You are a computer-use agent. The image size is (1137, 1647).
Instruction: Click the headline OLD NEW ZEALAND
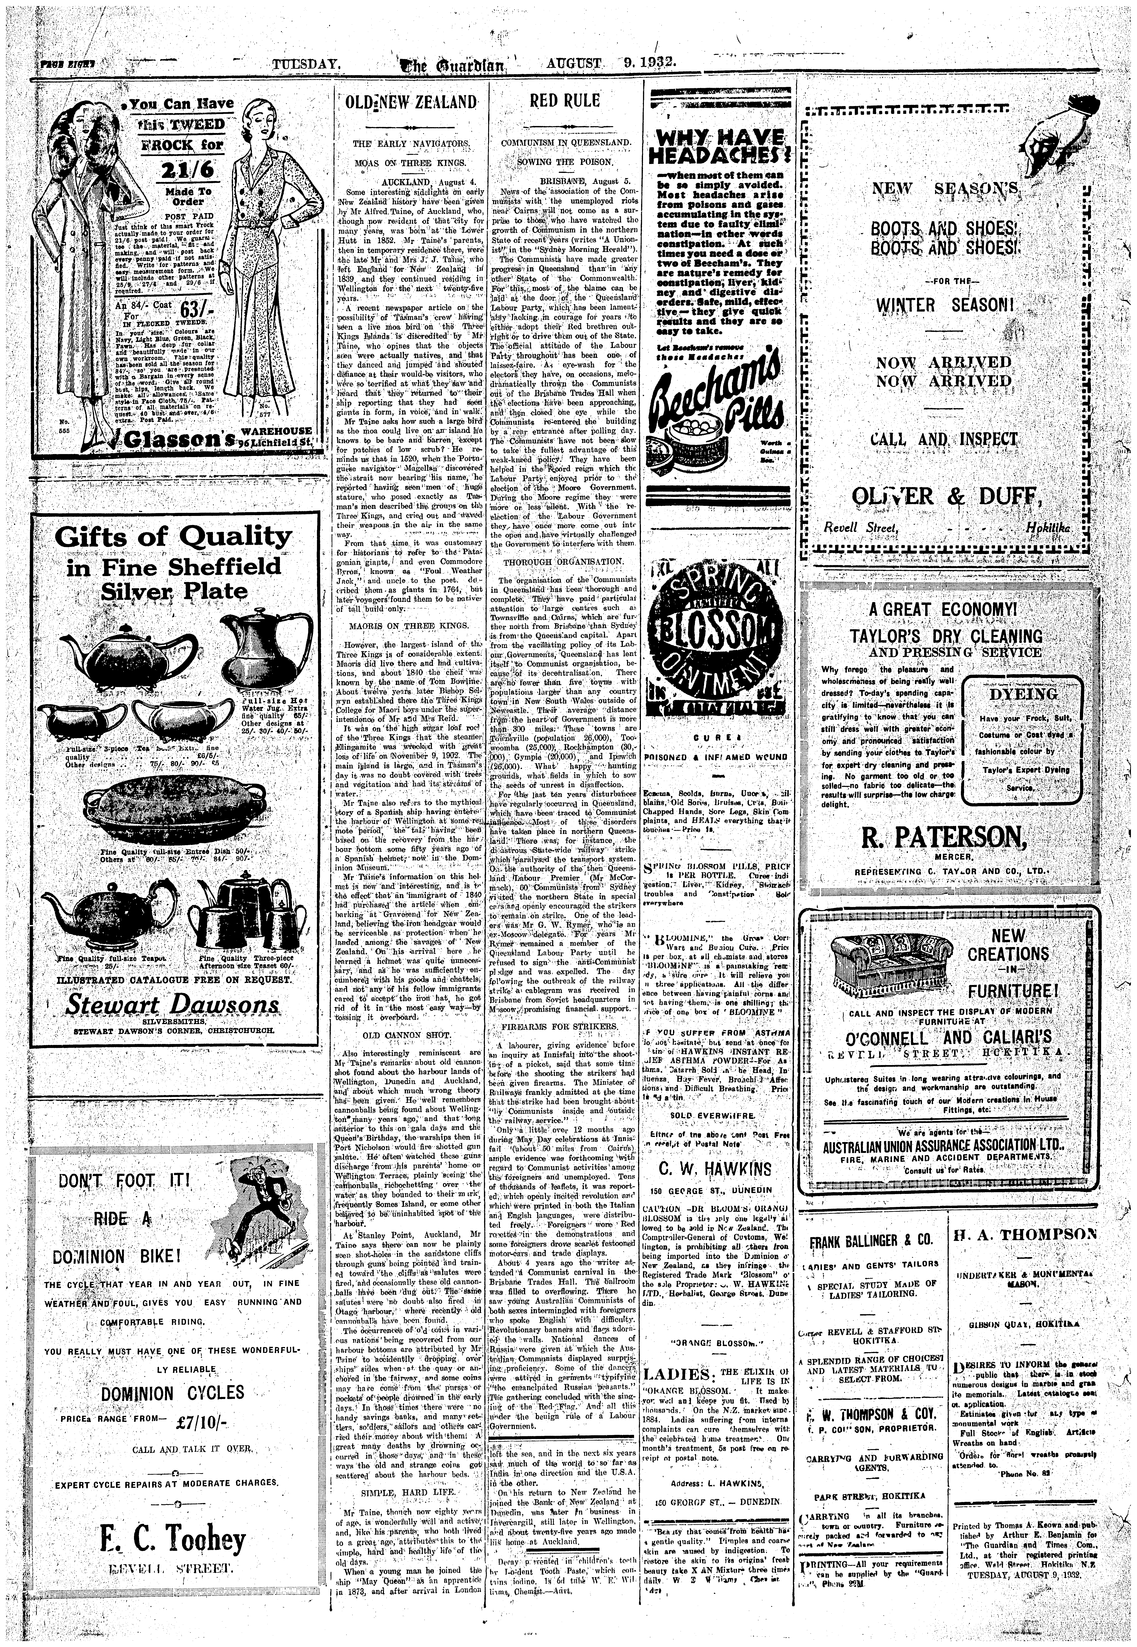click(x=410, y=102)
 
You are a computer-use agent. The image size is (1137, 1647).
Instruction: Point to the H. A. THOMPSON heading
click(x=1024, y=1235)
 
